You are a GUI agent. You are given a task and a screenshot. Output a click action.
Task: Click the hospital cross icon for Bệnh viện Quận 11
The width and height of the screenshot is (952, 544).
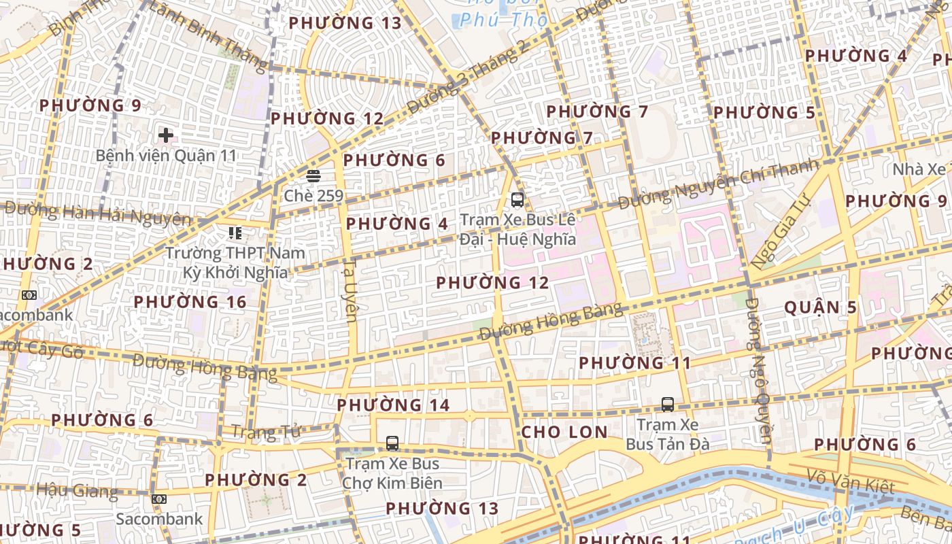165,135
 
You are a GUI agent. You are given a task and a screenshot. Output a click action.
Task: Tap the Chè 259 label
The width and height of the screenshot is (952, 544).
313,197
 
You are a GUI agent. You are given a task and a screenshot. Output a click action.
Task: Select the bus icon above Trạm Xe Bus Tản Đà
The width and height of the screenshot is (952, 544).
668,405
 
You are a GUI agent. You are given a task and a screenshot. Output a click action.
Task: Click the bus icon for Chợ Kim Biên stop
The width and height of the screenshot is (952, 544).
392,443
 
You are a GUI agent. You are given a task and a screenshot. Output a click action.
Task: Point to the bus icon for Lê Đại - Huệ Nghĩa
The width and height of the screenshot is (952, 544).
517,200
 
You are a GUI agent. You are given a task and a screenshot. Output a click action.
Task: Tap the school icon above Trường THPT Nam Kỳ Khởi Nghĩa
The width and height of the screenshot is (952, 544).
235,234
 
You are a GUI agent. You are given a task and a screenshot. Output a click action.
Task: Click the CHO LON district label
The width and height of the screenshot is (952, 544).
564,432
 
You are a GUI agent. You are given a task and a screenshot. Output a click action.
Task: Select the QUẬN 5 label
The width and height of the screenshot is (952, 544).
820,307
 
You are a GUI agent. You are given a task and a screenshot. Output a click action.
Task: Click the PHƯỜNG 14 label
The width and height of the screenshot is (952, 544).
393,405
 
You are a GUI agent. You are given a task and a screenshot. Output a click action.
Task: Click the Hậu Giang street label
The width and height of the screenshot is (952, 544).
77,490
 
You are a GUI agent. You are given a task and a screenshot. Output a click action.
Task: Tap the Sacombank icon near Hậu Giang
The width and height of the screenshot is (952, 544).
159,499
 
